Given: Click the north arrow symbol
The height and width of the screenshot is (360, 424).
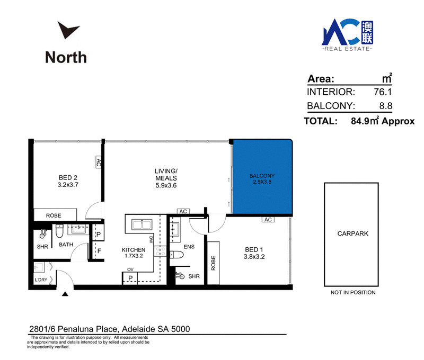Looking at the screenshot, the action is tap(67, 30).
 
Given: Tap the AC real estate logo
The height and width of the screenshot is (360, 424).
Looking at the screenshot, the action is tap(347, 35).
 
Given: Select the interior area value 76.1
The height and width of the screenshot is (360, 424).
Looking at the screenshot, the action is tap(383, 92).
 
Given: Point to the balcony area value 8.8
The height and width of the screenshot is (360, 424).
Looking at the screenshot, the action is tap(386, 106).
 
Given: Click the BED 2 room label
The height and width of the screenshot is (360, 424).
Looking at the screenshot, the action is tap(68, 178).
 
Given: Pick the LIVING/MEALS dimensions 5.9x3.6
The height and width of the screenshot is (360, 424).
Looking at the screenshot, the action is tap(166, 185).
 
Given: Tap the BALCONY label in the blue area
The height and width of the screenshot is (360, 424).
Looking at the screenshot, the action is tap(262, 176).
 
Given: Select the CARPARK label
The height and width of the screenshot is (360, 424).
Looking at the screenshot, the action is tap(353, 233).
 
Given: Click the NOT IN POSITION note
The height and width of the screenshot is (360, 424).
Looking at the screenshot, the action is tap(353, 292).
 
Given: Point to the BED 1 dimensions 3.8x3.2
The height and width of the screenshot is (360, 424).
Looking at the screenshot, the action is tap(254, 257).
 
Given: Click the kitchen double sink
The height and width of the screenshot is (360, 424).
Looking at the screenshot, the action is tap(142, 224).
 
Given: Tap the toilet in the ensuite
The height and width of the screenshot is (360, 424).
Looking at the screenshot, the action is tap(176, 255).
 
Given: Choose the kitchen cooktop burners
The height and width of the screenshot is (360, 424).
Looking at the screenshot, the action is tap(160, 251).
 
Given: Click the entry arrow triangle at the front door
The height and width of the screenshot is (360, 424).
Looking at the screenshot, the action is tap(65, 294).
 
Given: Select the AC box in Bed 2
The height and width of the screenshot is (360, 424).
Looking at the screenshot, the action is tap(99, 162).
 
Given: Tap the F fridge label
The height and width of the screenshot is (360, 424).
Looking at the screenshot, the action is tap(99, 251).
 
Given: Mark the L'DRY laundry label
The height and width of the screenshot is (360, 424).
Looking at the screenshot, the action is tap(41, 280).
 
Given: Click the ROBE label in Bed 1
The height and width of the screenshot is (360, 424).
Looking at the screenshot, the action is tap(214, 263).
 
